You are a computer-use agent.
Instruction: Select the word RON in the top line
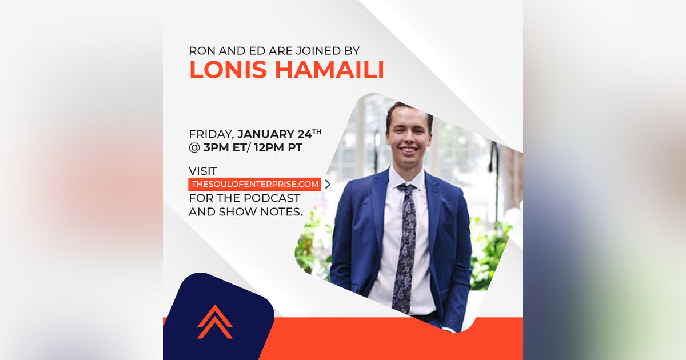pos(201,50)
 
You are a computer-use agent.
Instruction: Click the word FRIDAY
pos(211,135)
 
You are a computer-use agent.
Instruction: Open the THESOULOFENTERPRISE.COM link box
pos(254,184)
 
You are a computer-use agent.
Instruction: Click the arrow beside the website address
pos(328,184)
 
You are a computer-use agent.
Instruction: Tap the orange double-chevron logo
pos(215,322)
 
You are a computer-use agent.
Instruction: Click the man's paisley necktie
pos(406,246)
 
